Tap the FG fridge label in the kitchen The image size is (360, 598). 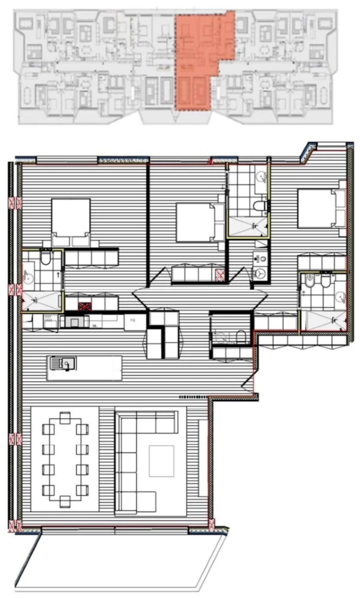(132, 320)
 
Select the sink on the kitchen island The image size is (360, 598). (63, 363)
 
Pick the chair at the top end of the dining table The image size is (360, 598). (65, 418)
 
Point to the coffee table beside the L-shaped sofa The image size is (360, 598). (161, 461)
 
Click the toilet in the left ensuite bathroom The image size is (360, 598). (45, 258)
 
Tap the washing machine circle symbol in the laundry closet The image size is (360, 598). (260, 273)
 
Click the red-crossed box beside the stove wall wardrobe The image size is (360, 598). (85, 306)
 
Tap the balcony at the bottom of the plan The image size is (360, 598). (120, 562)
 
